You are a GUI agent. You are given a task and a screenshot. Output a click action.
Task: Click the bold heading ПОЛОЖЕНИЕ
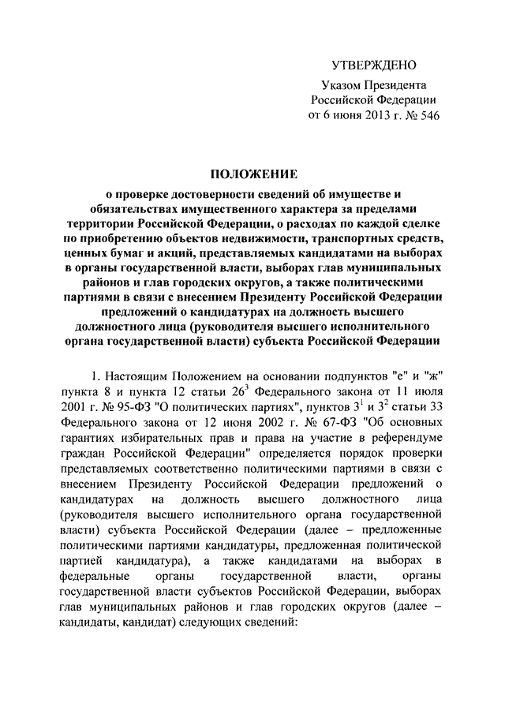(x=252, y=174)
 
